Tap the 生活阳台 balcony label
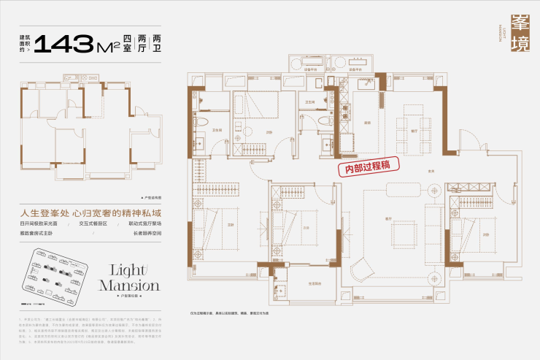[316, 283]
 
